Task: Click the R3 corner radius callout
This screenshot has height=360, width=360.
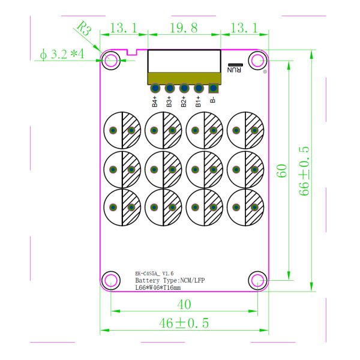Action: point(84,28)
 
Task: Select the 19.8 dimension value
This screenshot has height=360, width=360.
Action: point(184,28)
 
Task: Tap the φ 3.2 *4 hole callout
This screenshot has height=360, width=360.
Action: point(62,55)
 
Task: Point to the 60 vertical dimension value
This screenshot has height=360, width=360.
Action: point(282,171)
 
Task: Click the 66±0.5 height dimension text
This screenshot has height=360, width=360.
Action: point(304,171)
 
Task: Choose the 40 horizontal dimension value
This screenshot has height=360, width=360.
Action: point(184,305)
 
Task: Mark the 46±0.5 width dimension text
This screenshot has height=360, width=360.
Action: point(184,323)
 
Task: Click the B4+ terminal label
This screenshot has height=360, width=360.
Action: point(155,101)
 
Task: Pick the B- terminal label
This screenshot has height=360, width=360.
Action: point(213,100)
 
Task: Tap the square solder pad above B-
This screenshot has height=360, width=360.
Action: point(214,88)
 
